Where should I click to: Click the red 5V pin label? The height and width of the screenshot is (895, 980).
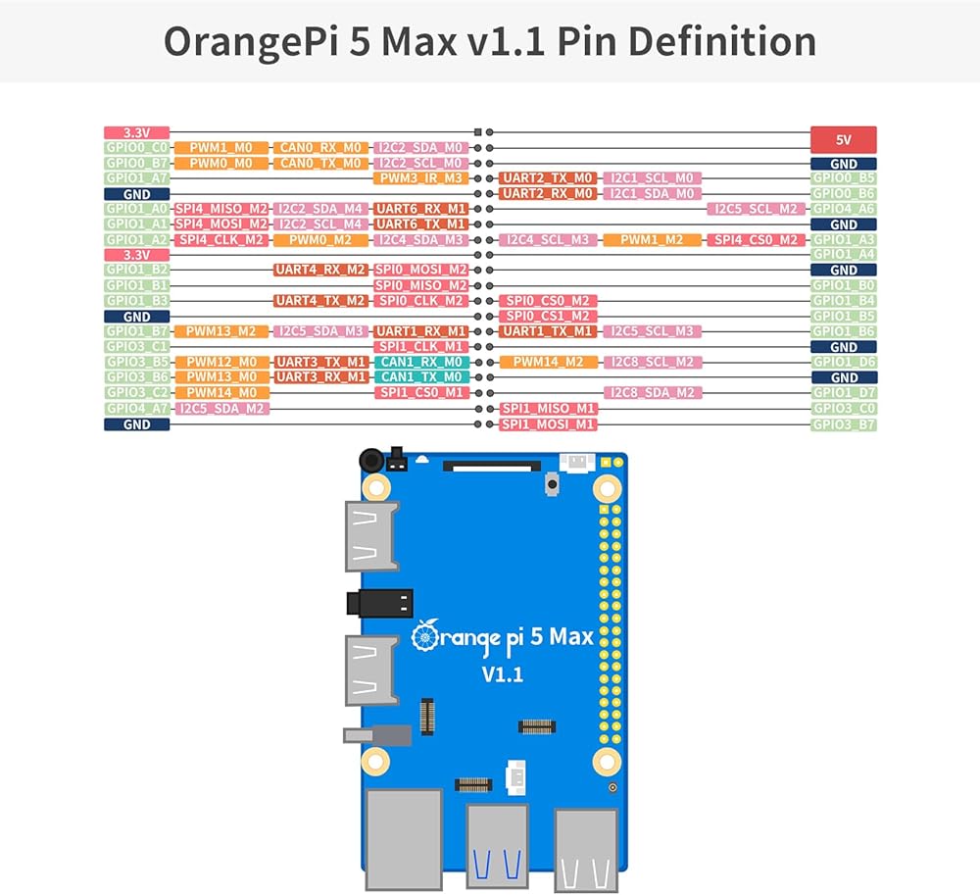pyautogui.click(x=844, y=139)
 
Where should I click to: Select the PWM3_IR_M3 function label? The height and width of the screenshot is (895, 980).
pyautogui.click(x=419, y=178)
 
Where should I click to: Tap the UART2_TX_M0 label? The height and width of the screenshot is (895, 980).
pyautogui.click(x=548, y=178)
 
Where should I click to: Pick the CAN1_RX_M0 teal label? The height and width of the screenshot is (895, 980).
pyautogui.click(x=419, y=362)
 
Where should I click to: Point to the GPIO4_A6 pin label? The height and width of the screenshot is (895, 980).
pyautogui.click(x=843, y=209)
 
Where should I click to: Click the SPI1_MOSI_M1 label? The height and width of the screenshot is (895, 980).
pyautogui.click(x=548, y=423)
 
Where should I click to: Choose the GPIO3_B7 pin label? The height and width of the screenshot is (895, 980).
pyautogui.click(x=843, y=424)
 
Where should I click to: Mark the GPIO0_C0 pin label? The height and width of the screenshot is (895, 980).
pyautogui.click(x=137, y=148)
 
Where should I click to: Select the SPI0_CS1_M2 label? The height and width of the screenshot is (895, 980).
pyautogui.click(x=548, y=316)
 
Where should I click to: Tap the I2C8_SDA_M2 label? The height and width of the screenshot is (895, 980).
pyautogui.click(x=653, y=393)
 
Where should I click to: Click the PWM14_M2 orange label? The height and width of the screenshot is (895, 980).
pyautogui.click(x=548, y=362)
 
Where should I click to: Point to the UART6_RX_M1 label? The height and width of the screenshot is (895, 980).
pyautogui.click(x=419, y=209)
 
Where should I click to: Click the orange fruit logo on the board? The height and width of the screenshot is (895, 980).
pyautogui.click(x=426, y=637)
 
